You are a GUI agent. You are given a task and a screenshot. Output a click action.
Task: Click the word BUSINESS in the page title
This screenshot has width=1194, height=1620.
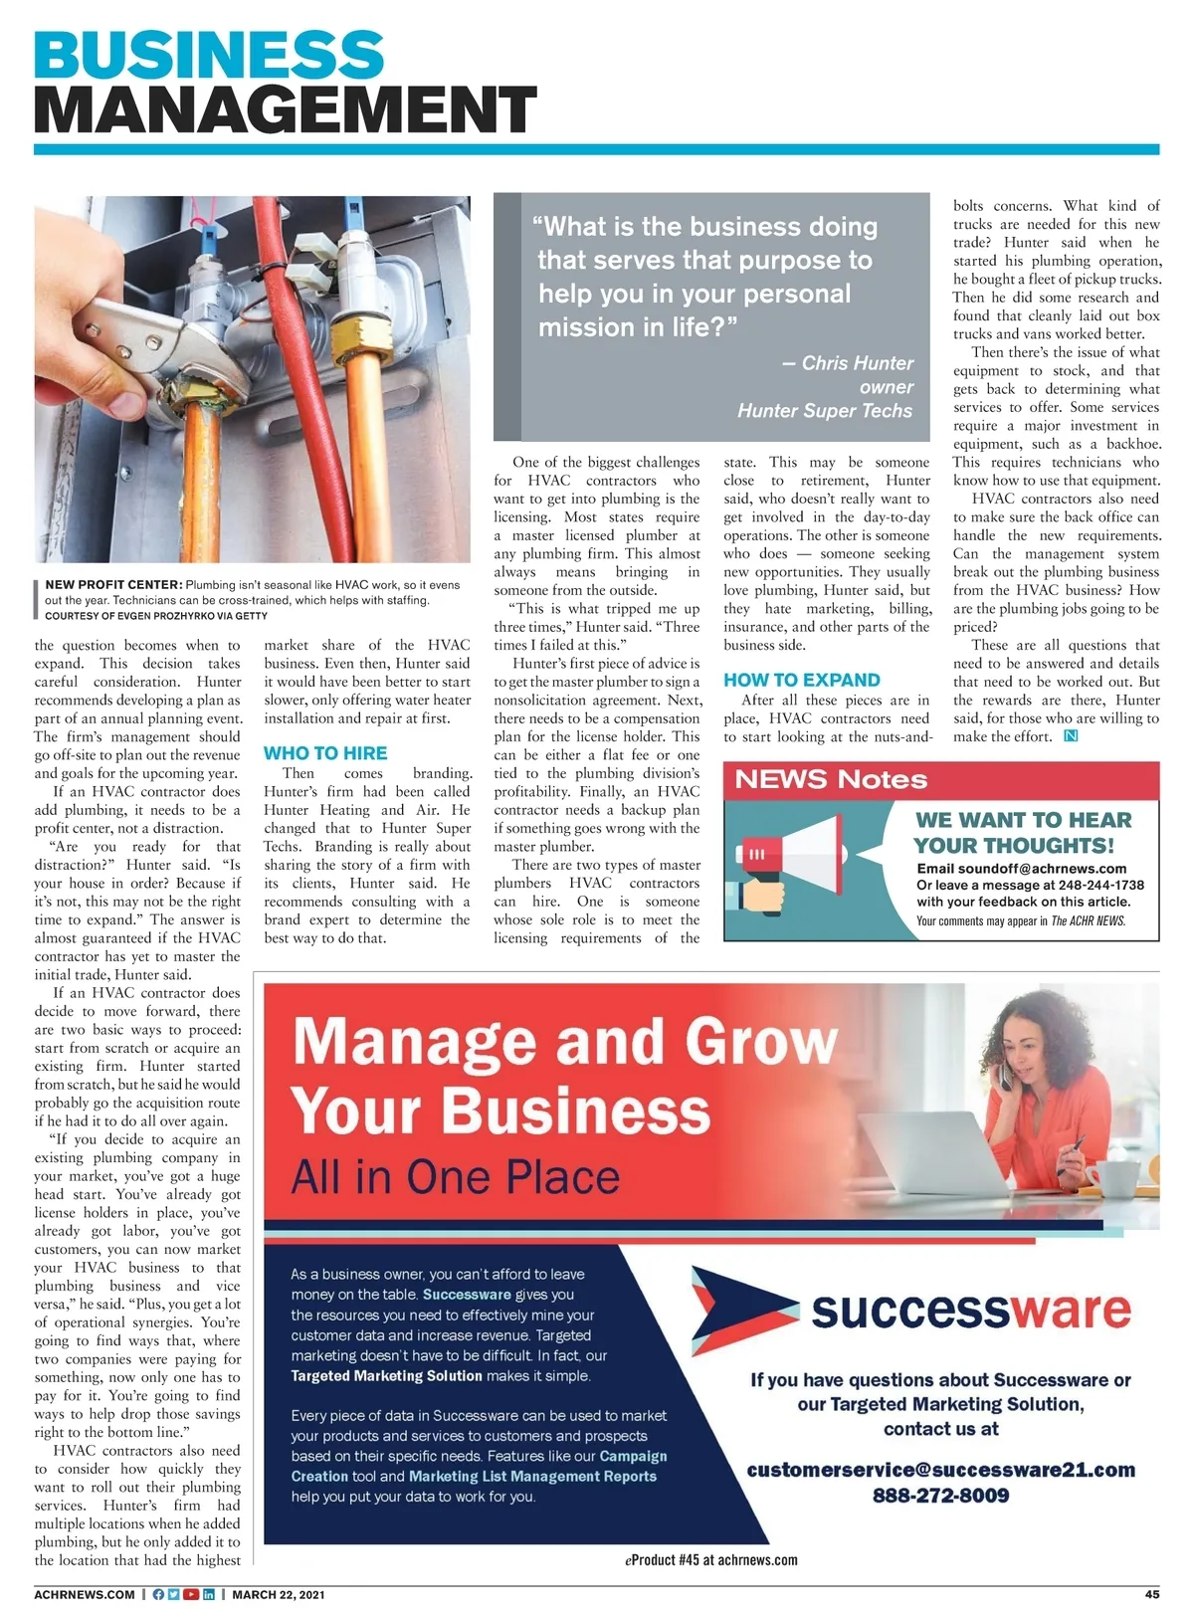[209, 56]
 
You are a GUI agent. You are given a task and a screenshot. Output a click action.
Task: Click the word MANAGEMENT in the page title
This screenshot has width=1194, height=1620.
[286, 109]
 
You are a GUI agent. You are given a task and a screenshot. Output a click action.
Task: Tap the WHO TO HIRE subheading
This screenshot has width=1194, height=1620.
[325, 753]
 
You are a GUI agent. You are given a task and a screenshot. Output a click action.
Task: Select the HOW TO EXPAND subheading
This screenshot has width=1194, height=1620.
[802, 680]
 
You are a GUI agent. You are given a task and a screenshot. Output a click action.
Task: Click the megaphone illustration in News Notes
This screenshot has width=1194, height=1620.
[796, 855]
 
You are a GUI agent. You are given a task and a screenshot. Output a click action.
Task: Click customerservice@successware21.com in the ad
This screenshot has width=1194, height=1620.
[940, 1470]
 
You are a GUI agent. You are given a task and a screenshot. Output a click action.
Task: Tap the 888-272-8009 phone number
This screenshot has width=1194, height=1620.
[940, 1496]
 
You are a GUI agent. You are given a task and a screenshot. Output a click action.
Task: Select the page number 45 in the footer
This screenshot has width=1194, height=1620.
[1151, 1594]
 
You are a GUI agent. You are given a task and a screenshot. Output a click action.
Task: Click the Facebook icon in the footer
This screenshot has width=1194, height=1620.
[158, 1594]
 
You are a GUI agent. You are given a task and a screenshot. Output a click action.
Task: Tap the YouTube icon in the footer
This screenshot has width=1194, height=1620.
[191, 1594]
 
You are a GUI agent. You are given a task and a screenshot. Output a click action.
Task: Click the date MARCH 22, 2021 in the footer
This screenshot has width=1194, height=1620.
[279, 1594]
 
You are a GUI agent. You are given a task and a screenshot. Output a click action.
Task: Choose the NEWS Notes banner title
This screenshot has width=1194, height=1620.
[831, 779]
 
